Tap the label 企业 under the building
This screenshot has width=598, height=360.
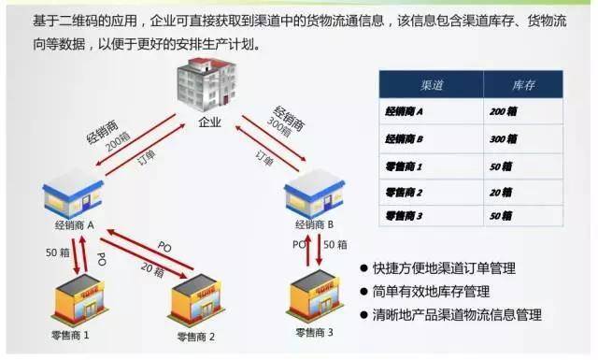[211, 122]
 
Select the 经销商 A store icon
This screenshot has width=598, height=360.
[73, 197]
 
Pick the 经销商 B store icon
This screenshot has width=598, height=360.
[314, 196]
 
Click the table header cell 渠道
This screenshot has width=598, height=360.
[431, 84]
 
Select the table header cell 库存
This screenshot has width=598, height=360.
[523, 84]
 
